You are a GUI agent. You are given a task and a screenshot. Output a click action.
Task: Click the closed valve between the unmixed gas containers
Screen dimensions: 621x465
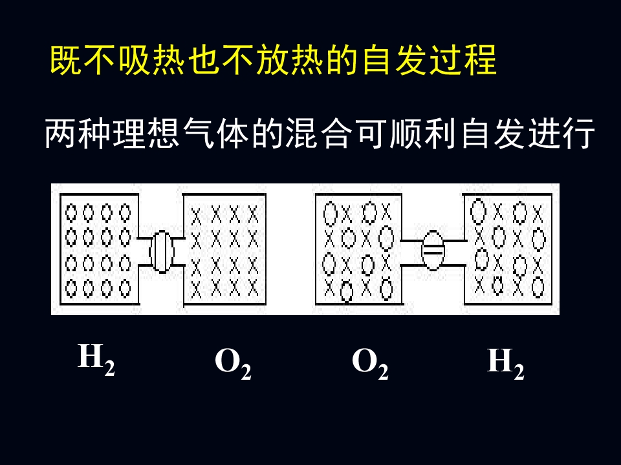pos(162,251)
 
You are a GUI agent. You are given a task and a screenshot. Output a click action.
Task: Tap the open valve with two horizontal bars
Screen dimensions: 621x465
pos(433,251)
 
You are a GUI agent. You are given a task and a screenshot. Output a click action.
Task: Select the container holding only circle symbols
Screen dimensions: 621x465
pos(100,249)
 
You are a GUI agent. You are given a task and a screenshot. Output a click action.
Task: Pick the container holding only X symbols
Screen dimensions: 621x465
pos(224,249)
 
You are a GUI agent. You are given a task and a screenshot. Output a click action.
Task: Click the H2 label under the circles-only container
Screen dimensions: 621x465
pos(96,360)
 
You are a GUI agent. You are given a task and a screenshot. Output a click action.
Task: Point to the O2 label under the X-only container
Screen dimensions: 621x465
pos(233,364)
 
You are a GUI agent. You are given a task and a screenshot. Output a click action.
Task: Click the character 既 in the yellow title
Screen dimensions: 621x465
pos(66,60)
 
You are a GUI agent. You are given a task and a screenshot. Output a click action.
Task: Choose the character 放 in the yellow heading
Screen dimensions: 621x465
pos(272,60)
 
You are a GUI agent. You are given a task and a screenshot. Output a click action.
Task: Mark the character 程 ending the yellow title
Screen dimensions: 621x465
pos(480,60)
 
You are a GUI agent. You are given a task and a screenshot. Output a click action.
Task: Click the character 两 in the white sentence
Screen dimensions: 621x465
pos(61,133)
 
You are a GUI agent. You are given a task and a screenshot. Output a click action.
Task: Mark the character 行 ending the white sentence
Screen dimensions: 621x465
pos(580,133)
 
